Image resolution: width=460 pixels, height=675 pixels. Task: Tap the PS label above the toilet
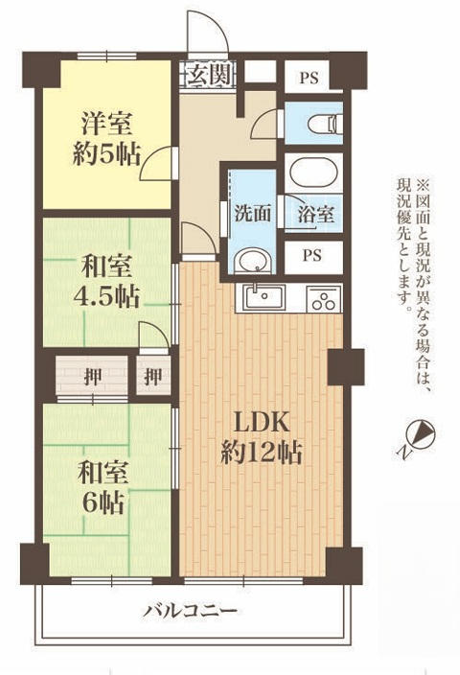[x=311, y=77]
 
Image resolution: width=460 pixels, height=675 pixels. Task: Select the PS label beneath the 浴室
[x=311, y=255]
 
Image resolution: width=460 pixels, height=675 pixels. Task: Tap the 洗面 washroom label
[x=251, y=214]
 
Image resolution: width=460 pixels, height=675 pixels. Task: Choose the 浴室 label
[x=314, y=214]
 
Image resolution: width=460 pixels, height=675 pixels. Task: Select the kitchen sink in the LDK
[x=260, y=297]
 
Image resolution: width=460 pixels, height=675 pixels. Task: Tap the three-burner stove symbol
[x=324, y=299]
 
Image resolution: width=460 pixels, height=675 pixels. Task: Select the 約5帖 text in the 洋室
[x=105, y=155]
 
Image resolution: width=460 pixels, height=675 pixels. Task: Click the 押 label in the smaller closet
[x=152, y=375]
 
